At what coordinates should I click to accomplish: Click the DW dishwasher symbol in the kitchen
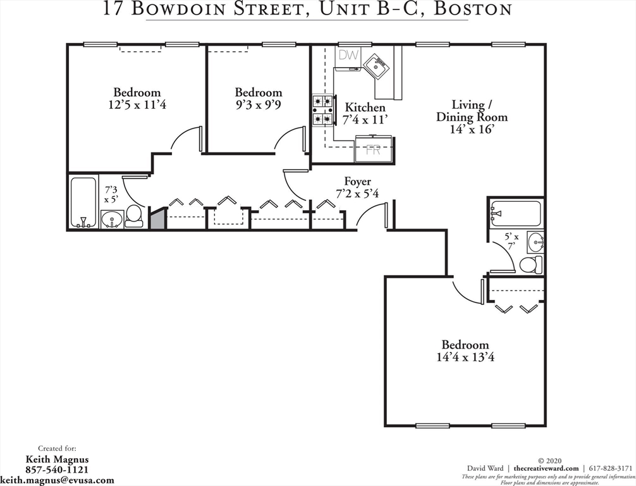point(348,55)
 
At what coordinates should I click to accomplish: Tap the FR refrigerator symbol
point(374,150)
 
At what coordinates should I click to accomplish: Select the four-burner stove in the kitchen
point(322,110)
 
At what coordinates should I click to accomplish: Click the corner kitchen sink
point(376,66)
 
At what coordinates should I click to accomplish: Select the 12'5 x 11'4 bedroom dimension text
point(137,105)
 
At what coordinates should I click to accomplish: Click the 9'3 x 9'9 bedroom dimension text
point(258,105)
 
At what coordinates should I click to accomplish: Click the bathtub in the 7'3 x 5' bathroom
point(83,202)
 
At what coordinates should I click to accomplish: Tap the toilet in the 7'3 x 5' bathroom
point(134,216)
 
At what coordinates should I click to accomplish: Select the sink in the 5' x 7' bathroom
point(535,242)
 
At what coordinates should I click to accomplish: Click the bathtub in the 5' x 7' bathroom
point(517,213)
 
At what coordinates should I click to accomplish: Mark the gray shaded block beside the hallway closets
point(157,219)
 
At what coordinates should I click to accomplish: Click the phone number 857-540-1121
point(57,470)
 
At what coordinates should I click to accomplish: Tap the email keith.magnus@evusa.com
point(57,480)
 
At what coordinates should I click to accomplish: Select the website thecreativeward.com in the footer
point(546,468)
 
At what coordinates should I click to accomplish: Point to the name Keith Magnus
point(57,459)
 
